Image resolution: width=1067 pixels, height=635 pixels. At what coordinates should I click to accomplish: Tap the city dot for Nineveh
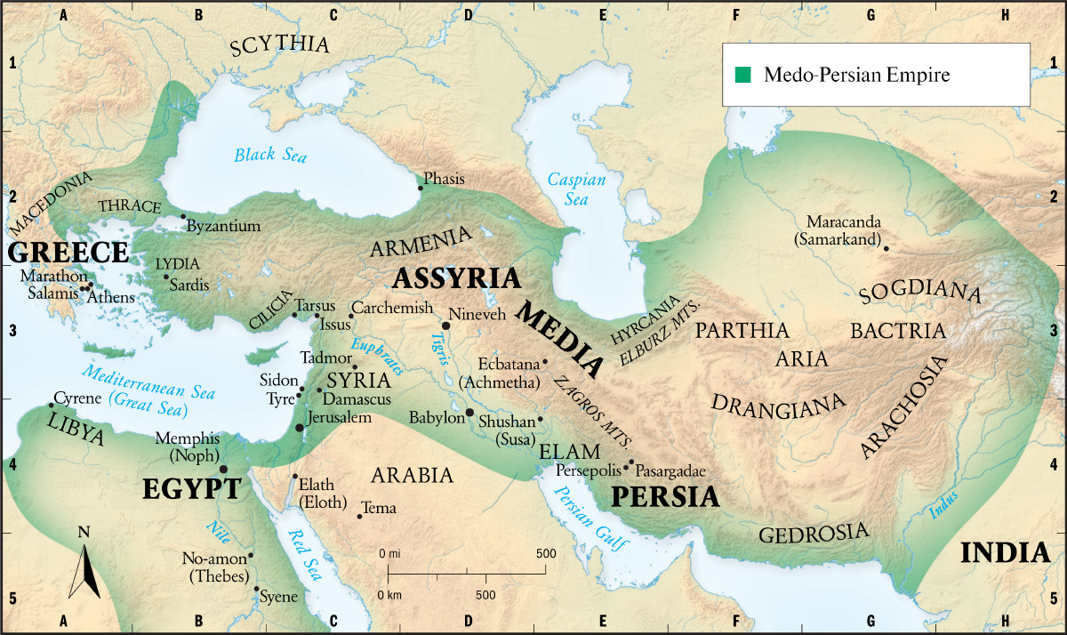pyautogui.click(x=446, y=326)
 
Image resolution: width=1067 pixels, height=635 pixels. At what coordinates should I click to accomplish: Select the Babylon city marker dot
pyautogui.click(x=469, y=413)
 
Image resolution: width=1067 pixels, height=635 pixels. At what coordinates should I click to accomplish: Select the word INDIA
pyautogui.click(x=1006, y=552)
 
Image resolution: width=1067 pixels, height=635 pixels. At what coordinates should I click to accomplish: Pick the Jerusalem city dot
pyautogui.click(x=300, y=428)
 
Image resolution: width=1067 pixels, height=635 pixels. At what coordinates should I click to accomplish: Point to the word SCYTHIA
pyautogui.click(x=279, y=47)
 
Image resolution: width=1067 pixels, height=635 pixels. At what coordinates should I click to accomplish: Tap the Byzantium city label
pyautogui.click(x=223, y=226)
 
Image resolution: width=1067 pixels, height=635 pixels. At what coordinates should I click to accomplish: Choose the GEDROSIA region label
pyautogui.click(x=813, y=533)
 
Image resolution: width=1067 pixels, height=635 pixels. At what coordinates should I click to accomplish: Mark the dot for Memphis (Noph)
pyautogui.click(x=223, y=469)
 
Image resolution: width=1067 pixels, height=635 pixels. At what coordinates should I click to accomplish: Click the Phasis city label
pyautogui.click(x=444, y=179)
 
